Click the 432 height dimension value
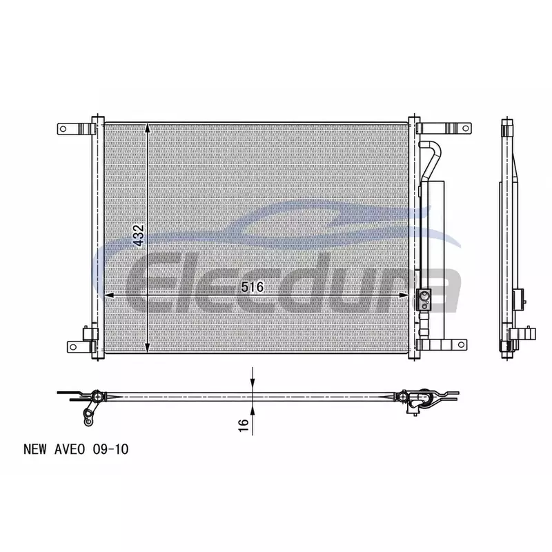click(139, 235)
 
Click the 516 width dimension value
click(253, 287)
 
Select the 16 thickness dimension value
click(244, 425)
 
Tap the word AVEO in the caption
click(70, 449)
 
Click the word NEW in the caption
click(35, 449)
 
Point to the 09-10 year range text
click(110, 449)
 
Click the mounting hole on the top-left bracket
click(63, 129)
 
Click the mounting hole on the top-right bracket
click(465, 128)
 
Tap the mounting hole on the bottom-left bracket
click(73, 347)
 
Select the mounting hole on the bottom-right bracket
click(461, 344)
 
